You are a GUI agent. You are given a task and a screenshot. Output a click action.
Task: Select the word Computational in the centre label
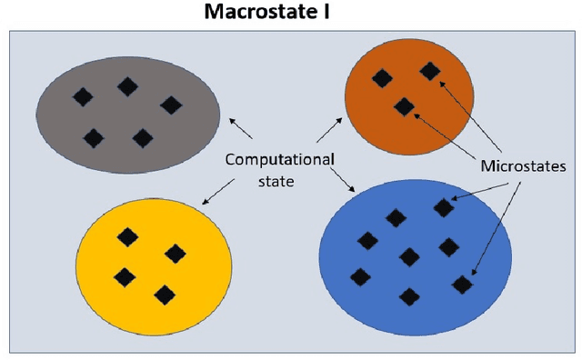click(279, 160)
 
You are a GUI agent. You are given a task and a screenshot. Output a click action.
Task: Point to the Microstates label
click(523, 167)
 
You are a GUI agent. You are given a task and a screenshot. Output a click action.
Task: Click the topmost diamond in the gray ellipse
click(128, 86)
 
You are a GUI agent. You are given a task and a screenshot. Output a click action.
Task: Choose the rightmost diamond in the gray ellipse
click(170, 105)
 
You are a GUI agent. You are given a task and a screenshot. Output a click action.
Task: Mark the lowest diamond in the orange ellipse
click(404, 107)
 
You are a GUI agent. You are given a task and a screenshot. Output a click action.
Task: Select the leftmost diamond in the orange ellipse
click(382, 78)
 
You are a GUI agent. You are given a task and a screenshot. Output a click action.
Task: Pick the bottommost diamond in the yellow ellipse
click(165, 294)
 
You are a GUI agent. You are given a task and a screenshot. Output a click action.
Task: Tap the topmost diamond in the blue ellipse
click(443, 208)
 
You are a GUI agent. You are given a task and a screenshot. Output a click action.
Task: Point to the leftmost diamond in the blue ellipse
click(360, 276)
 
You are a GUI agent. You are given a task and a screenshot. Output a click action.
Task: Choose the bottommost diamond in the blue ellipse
click(409, 296)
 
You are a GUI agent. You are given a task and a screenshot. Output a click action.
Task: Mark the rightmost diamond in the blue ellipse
click(463, 284)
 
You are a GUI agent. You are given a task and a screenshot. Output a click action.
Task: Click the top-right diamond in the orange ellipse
click(429, 70)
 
